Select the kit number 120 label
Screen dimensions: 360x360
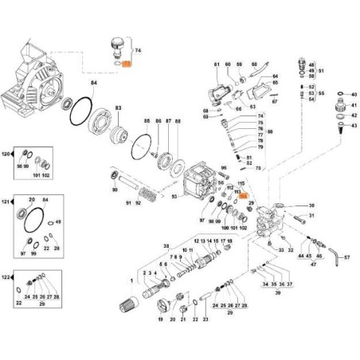click(8, 152)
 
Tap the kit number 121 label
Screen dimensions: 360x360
click(8, 203)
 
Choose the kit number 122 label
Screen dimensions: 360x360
click(8, 276)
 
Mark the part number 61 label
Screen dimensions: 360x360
click(216, 63)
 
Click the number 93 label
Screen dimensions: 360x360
click(174, 195)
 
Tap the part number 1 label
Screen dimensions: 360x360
click(131, 281)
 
